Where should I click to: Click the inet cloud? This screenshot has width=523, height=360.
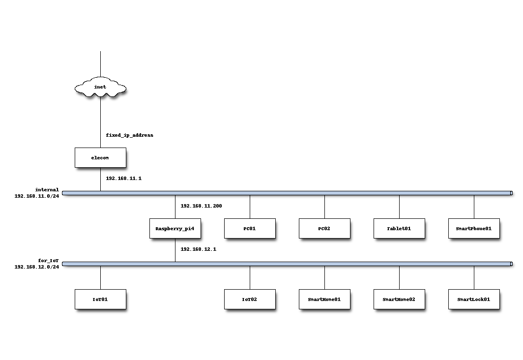click(100, 88)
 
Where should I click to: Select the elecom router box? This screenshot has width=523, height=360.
click(100, 157)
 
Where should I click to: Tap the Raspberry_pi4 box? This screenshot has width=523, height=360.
click(175, 229)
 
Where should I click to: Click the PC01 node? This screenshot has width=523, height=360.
click(250, 229)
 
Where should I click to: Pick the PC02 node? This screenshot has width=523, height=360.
click(324, 229)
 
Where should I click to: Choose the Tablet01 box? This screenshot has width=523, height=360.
click(399, 229)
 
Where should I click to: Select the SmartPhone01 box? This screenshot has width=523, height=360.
click(474, 229)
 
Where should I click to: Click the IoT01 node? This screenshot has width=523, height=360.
click(100, 300)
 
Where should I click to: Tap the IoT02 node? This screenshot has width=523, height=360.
click(250, 300)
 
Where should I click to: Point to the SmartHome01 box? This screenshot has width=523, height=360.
click(324, 300)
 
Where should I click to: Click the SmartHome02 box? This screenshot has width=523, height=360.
click(399, 300)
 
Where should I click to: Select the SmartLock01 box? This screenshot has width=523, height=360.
click(474, 300)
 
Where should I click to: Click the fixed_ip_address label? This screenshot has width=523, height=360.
click(130, 135)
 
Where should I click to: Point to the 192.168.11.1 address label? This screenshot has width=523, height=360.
click(124, 179)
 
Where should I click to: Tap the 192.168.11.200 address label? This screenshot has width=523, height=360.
click(201, 206)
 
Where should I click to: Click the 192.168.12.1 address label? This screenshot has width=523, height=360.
click(199, 249)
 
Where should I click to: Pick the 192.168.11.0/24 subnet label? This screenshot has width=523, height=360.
click(37, 196)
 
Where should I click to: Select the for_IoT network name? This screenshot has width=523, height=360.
click(48, 261)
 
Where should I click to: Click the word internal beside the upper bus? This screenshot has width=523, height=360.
click(47, 190)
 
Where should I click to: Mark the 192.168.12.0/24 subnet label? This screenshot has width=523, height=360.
click(37, 267)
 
